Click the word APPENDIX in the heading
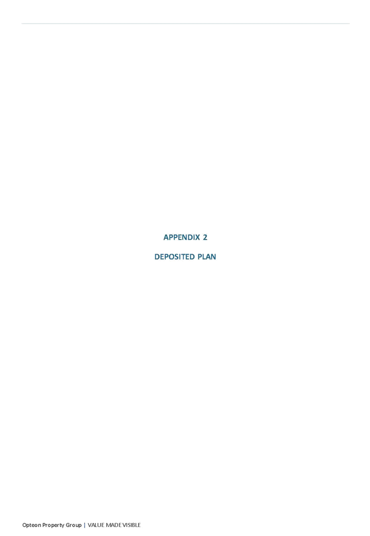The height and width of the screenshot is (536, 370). click(182, 237)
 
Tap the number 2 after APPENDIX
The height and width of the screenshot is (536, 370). click(205, 237)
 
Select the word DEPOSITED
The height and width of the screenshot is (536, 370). click(174, 257)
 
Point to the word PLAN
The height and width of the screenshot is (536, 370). click(207, 257)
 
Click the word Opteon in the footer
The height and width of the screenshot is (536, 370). click(31, 525)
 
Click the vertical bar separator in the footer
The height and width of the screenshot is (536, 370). click(84, 525)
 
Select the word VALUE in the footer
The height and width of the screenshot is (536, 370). click(96, 525)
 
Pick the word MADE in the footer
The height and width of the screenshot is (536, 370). click(113, 525)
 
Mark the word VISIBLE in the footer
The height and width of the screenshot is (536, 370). click(131, 525)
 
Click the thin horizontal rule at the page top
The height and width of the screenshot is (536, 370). click(186, 23)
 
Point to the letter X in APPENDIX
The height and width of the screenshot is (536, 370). click(197, 237)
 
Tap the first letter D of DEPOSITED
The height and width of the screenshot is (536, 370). click(157, 257)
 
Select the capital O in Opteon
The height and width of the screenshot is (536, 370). click(24, 525)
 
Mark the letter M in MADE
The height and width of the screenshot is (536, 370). click(108, 525)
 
